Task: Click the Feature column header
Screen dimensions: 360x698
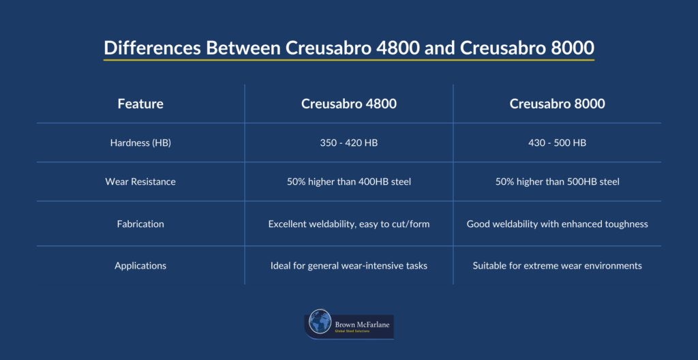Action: tap(140, 104)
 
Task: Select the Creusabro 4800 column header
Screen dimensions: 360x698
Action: tap(349, 104)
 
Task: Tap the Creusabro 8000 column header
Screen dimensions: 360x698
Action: tap(557, 104)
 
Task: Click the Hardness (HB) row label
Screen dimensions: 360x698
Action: tap(140, 143)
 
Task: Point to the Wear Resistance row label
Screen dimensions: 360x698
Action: tap(140, 182)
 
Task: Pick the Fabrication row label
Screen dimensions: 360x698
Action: tap(140, 224)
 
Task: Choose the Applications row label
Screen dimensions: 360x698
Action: tap(140, 265)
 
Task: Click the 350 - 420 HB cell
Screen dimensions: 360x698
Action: tap(349, 143)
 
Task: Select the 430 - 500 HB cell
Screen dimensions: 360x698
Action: tap(557, 143)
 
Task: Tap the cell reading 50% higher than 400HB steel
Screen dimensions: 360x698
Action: tap(349, 182)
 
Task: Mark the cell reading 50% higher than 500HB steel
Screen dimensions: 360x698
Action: tap(557, 182)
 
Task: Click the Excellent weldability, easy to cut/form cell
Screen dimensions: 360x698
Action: tap(349, 224)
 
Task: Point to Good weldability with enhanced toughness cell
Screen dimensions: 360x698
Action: tap(557, 224)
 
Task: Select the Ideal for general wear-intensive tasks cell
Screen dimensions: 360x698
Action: tap(349, 265)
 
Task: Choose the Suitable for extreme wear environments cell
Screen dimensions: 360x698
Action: tap(557, 265)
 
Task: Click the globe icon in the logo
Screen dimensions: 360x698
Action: tap(320, 322)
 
